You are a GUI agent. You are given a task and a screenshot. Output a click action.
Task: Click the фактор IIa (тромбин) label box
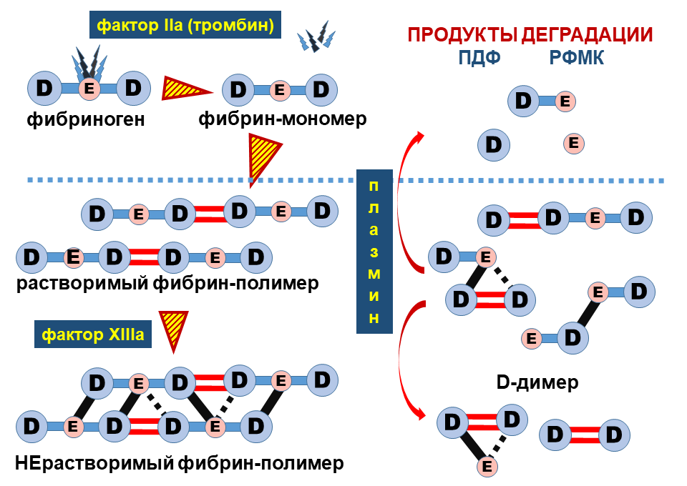[x=185, y=25]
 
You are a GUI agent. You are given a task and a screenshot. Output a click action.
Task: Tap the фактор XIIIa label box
[x=93, y=334]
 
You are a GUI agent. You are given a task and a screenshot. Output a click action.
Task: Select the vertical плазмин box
[x=374, y=252]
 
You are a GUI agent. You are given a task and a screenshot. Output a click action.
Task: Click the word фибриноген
[x=86, y=119]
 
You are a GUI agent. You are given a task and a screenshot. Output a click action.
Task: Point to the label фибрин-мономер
[x=283, y=119]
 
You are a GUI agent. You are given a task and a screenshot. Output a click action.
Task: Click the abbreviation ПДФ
[x=479, y=57]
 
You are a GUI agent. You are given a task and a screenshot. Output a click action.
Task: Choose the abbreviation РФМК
[x=577, y=57]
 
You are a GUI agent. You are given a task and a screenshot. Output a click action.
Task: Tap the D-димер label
[x=537, y=382]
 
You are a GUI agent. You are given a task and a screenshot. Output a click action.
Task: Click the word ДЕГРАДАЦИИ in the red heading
[x=587, y=34]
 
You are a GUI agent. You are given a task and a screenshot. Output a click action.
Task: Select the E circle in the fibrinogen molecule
[x=89, y=89]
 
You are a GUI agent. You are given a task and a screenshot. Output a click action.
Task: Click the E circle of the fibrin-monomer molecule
[x=280, y=90]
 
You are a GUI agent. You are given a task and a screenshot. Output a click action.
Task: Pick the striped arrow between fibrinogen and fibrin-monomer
[x=186, y=89]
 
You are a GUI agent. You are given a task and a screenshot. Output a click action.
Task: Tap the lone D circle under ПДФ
[x=494, y=145]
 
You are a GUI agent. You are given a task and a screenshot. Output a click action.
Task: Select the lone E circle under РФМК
[x=573, y=143]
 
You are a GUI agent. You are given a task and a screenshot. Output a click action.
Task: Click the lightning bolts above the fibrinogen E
[x=90, y=64]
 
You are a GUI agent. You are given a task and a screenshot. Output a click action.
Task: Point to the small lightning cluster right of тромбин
[x=316, y=36]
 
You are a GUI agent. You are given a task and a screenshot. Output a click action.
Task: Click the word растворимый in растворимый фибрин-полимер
[x=82, y=284]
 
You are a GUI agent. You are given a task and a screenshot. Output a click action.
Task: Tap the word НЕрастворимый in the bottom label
[x=94, y=463]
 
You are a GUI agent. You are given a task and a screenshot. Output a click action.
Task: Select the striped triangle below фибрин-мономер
[x=263, y=157]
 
